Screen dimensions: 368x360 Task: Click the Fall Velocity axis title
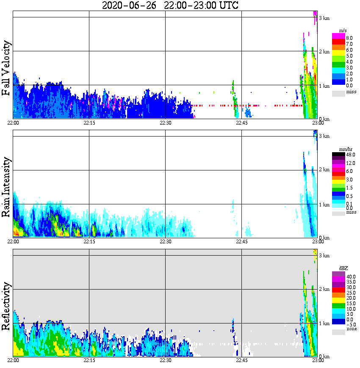6,68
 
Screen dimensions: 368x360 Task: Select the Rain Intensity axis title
6,187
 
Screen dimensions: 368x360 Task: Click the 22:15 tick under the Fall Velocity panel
89,123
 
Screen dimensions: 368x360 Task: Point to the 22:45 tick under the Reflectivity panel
241,360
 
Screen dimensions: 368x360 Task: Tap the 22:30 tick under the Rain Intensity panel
165,242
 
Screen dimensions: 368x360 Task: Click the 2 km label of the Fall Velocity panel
324,52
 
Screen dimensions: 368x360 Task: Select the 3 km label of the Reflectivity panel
324,256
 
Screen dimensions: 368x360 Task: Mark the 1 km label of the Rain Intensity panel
324,205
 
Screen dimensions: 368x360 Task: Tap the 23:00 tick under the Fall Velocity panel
318,123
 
